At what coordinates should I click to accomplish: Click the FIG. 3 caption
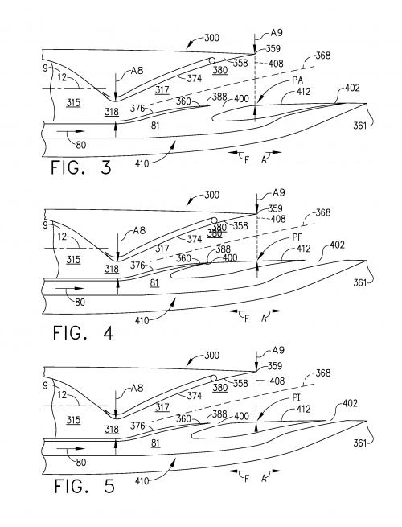(x=80, y=168)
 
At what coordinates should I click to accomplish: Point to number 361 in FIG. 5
(x=363, y=443)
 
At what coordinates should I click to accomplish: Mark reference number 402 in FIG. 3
(x=351, y=88)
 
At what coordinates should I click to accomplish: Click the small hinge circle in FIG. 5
(x=214, y=376)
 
